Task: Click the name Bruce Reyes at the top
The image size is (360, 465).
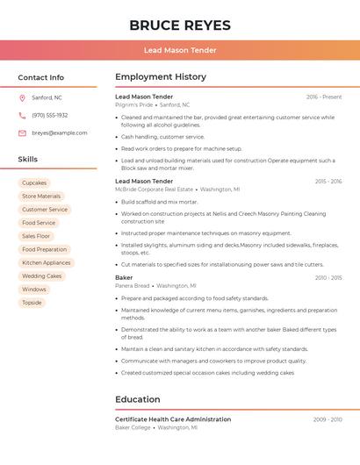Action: pos(180,25)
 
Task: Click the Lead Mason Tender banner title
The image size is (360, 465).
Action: pos(180,50)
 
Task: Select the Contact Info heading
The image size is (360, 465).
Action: pos(41,77)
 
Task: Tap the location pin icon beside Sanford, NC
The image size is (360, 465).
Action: pos(22,97)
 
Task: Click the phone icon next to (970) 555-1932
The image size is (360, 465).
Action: pos(22,115)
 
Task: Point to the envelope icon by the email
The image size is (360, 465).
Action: pos(22,133)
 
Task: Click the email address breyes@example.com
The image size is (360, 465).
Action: pos(60,133)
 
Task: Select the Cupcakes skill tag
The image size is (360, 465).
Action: pos(34,182)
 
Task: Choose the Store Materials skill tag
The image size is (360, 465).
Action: pos(41,197)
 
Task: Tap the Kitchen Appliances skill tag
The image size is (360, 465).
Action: pos(46,262)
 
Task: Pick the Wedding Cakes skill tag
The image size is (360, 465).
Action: pos(41,275)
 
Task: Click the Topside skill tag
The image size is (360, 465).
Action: pos(32,303)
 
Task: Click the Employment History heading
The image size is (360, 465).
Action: pos(161,77)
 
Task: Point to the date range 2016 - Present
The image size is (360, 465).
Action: pos(324,97)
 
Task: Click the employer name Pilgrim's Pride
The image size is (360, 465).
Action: pos(133,105)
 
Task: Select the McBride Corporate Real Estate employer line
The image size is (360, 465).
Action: pos(154,190)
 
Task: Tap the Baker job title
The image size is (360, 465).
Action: pos(124,277)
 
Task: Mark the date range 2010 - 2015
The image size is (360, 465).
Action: pos(328,278)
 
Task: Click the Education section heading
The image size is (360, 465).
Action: pos(138,399)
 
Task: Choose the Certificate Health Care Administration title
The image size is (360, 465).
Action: pos(173,419)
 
